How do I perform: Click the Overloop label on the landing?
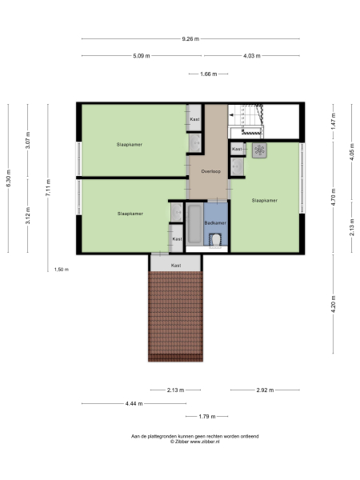coord(210,171)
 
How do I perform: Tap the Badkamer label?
coord(214,221)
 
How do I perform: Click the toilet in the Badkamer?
coord(216,238)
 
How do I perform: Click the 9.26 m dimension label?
coord(190,38)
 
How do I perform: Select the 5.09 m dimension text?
coord(141,55)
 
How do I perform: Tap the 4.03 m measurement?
coord(252,55)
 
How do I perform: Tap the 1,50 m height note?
coord(61,270)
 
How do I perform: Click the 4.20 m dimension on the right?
coord(334,304)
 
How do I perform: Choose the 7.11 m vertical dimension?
coord(47,187)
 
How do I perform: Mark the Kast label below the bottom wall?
coord(176,265)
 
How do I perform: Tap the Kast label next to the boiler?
coord(237,149)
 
